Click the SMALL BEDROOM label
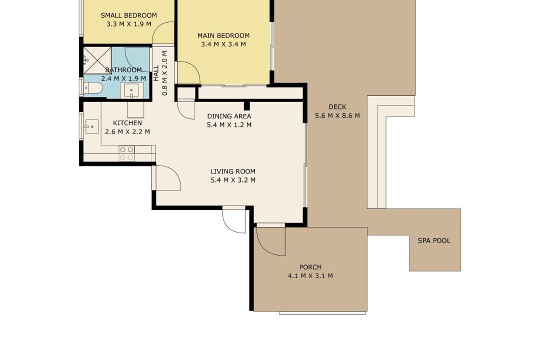pos(128,15)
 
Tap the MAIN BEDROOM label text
pos(223,35)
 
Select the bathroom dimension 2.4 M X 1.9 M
pos(123,78)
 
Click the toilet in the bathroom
pos(92,88)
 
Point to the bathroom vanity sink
pos(131,91)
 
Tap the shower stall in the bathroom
pos(97,60)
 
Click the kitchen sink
pos(91,127)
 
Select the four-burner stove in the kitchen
pos(126,153)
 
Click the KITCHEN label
pos(127,123)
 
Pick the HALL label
pos(156,73)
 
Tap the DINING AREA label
pos(229,116)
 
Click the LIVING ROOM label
pos(233,171)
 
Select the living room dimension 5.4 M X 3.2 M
pos(233,180)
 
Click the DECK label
pos(337,107)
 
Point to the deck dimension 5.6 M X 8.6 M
pos(337,116)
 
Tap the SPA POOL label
pos(434,241)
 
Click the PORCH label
pos(310,267)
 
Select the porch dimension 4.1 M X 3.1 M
pos(310,275)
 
